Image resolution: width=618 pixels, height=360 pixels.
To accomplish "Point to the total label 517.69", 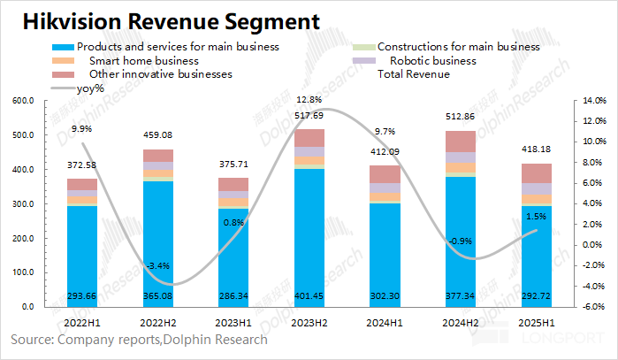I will (x=309, y=116).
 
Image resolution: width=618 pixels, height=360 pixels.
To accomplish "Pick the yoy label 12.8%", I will (x=309, y=99).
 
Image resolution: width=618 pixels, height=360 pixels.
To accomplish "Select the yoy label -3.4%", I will (x=157, y=265).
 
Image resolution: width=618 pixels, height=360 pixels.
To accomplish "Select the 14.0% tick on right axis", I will (x=593, y=102).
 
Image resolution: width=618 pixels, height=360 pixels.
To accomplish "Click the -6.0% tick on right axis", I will (x=592, y=306).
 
